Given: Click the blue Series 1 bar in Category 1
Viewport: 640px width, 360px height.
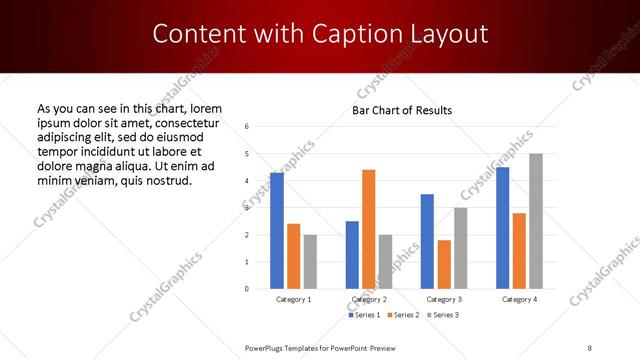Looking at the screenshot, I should pos(277,231).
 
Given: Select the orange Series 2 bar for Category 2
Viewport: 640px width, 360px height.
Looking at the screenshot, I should pos(369,229).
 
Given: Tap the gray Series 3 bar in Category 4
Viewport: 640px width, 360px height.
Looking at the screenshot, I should pos(536,221).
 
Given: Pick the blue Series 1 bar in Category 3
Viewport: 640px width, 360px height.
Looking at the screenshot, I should pos(427,241).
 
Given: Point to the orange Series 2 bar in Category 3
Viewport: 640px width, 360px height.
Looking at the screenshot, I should pos(444,264).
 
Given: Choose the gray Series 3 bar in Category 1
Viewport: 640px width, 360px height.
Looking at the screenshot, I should pos(310,262).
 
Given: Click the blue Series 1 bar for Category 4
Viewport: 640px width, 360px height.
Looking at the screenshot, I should pos(503,228).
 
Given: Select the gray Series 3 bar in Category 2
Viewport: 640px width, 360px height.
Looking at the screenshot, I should pos(386,262).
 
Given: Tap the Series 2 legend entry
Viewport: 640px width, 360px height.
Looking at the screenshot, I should pos(402,315).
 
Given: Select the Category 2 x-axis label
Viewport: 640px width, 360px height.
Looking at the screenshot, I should pos(369,299).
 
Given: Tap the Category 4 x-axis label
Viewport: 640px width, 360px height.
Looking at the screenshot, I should pos(519,299).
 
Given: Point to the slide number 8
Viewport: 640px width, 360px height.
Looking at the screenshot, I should pos(589,347).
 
